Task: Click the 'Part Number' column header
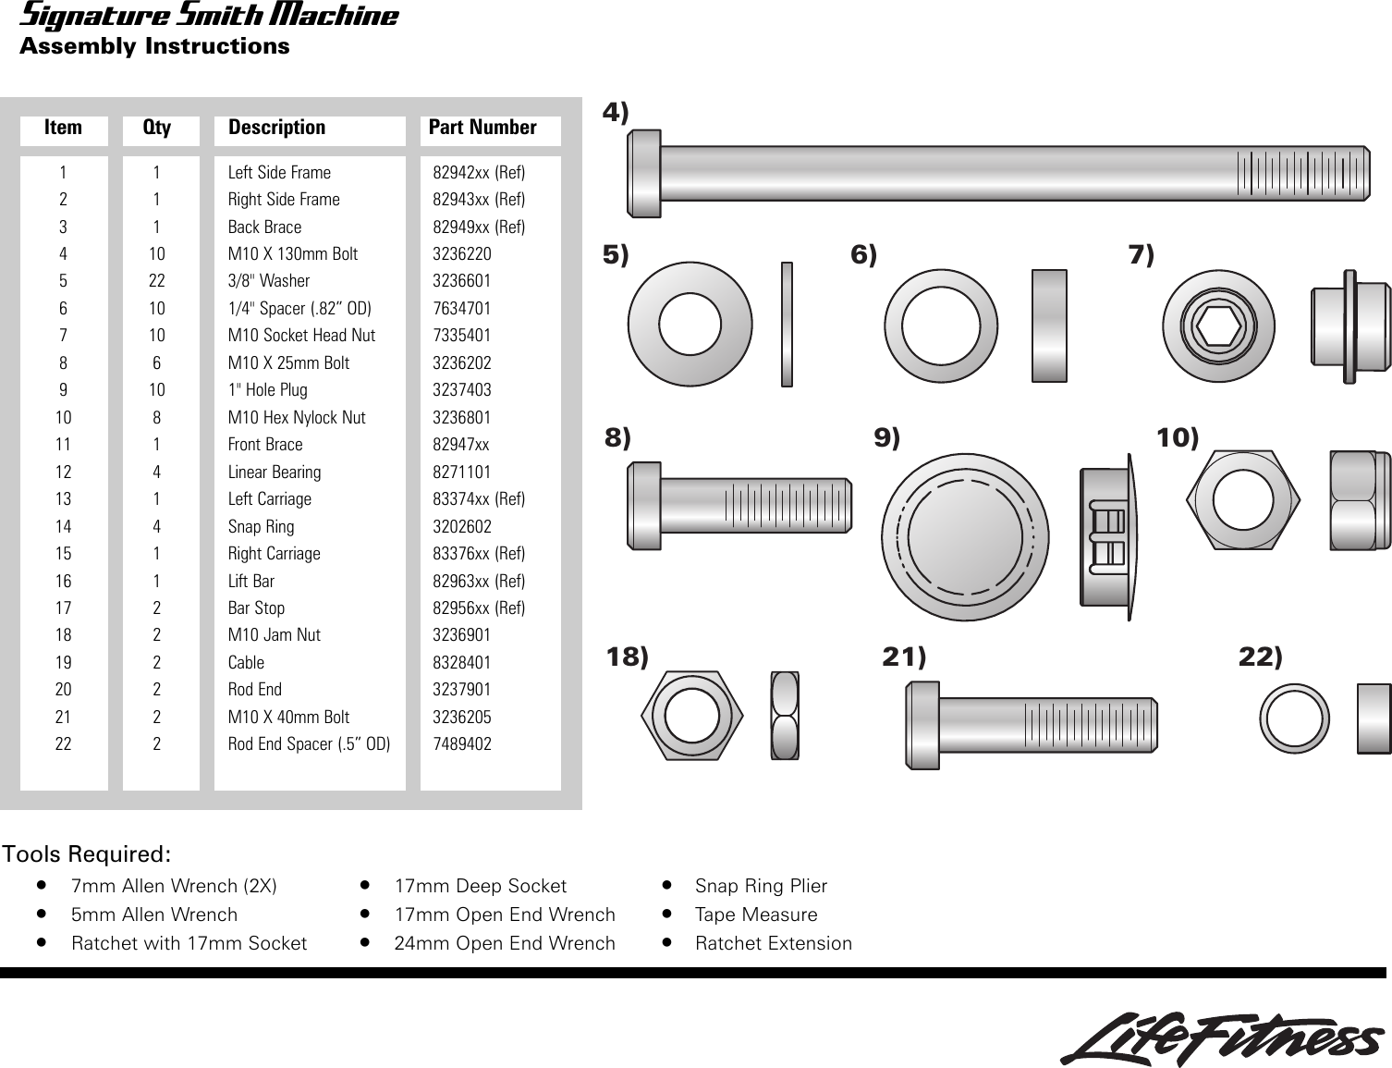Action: (x=482, y=128)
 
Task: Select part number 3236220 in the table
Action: (x=462, y=254)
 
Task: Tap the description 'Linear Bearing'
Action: (x=275, y=473)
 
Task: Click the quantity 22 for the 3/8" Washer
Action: (x=157, y=281)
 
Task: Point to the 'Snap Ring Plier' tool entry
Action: (x=761, y=886)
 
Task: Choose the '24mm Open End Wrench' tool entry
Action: (x=505, y=943)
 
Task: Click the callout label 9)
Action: (x=887, y=438)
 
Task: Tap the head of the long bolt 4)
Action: (x=644, y=173)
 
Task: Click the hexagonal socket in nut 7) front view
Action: (x=1218, y=325)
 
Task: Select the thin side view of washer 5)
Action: (x=787, y=325)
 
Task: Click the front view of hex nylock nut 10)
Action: (x=1243, y=500)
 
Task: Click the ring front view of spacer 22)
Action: (x=1294, y=718)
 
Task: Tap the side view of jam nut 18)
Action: (x=785, y=716)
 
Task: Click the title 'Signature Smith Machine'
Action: (x=209, y=16)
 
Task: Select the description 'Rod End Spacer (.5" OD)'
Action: (x=309, y=744)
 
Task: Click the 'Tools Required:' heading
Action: (x=87, y=853)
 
